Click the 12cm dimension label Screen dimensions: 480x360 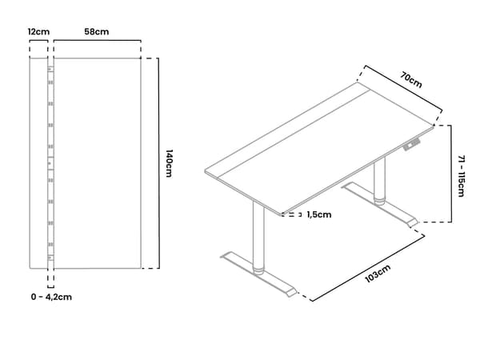pyautogui.click(x=38, y=31)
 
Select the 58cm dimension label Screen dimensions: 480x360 pyautogui.click(x=97, y=31)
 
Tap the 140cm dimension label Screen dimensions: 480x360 pyautogui.click(x=169, y=163)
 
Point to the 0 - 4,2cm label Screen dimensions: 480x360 pyautogui.click(x=51, y=297)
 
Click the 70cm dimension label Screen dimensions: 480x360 pyautogui.click(x=411, y=79)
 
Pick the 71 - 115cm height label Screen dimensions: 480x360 pyautogui.click(x=462, y=176)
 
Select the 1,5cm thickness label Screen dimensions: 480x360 pyautogui.click(x=319, y=214)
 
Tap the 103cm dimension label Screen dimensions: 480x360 pyautogui.click(x=378, y=274)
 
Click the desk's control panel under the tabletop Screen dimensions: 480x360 pyautogui.click(x=411, y=145)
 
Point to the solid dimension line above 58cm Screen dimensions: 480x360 pyautogui.click(x=98, y=40)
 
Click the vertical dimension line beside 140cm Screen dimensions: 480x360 pyautogui.click(x=158, y=163)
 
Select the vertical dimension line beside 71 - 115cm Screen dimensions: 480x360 pyautogui.click(x=451, y=174)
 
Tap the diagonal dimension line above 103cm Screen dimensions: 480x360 pyautogui.click(x=367, y=268)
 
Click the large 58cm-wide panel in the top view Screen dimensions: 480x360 pyautogui.click(x=98, y=163)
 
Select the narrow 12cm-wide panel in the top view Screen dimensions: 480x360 pyautogui.click(x=38, y=163)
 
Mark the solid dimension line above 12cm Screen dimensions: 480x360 pyautogui.click(x=38, y=40)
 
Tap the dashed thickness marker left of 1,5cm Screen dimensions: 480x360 pyautogui.click(x=292, y=214)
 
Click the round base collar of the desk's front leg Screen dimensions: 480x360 pyautogui.click(x=258, y=270)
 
